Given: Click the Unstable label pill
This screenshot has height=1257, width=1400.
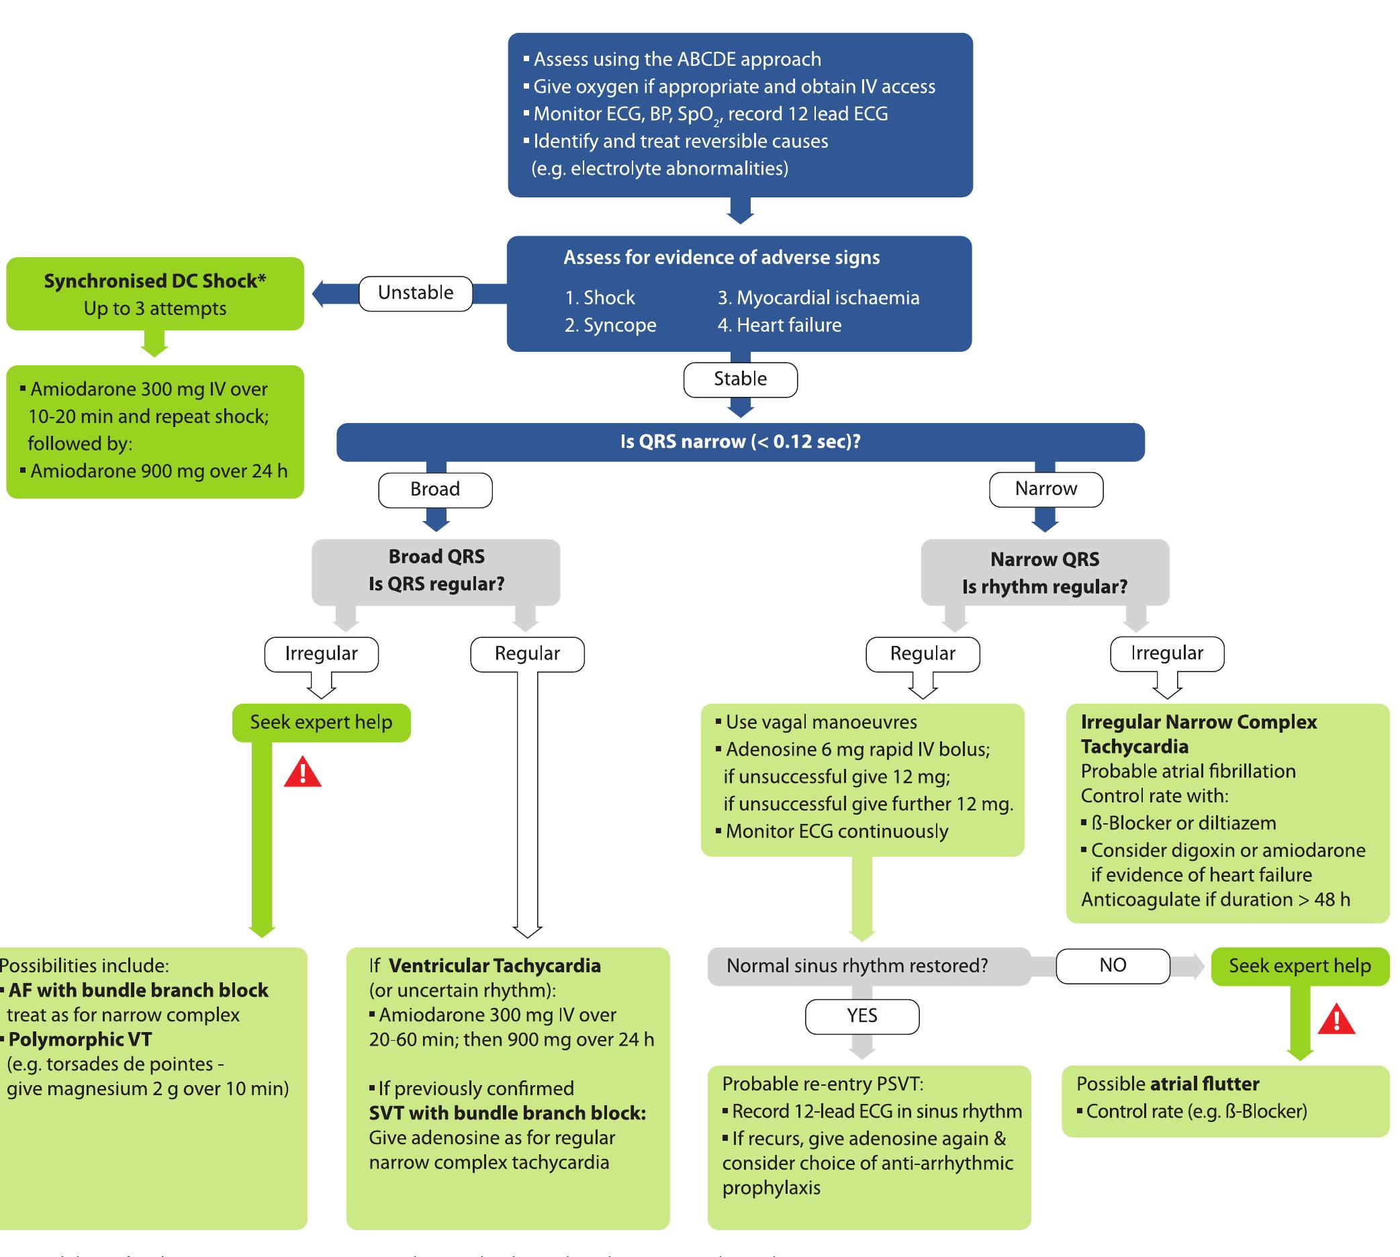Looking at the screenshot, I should click(415, 293).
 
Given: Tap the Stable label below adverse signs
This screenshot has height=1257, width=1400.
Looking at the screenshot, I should click(740, 379).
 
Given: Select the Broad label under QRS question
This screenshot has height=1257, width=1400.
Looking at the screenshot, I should click(434, 489).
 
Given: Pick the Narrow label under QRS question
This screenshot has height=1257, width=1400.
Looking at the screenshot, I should click(1045, 489).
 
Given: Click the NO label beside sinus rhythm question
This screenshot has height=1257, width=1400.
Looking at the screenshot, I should click(1112, 965).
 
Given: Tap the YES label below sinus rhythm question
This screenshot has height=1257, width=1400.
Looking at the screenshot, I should click(861, 1015).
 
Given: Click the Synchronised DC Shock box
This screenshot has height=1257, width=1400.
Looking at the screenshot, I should click(154, 293).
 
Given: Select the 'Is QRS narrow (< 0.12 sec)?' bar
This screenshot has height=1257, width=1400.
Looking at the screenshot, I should click(740, 441).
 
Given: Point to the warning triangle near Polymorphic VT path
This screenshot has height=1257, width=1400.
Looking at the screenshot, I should click(303, 773).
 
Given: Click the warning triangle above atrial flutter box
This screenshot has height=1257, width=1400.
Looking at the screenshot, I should click(1336, 1019).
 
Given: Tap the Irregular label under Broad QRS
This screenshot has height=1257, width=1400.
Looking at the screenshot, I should click(321, 653).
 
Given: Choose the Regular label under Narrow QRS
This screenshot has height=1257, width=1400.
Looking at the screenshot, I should click(922, 653).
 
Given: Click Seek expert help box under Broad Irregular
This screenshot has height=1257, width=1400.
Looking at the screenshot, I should click(321, 723).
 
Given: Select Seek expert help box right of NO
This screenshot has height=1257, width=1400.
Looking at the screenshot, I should click(1299, 966).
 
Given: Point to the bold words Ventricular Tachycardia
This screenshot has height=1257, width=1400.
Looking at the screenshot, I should click(494, 966).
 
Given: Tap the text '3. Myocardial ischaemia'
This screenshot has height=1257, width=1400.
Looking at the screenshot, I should click(819, 297).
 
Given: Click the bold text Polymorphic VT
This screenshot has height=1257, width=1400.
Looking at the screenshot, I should click(80, 1039).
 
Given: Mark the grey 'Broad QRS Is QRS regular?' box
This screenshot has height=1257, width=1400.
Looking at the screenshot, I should click(436, 571).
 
